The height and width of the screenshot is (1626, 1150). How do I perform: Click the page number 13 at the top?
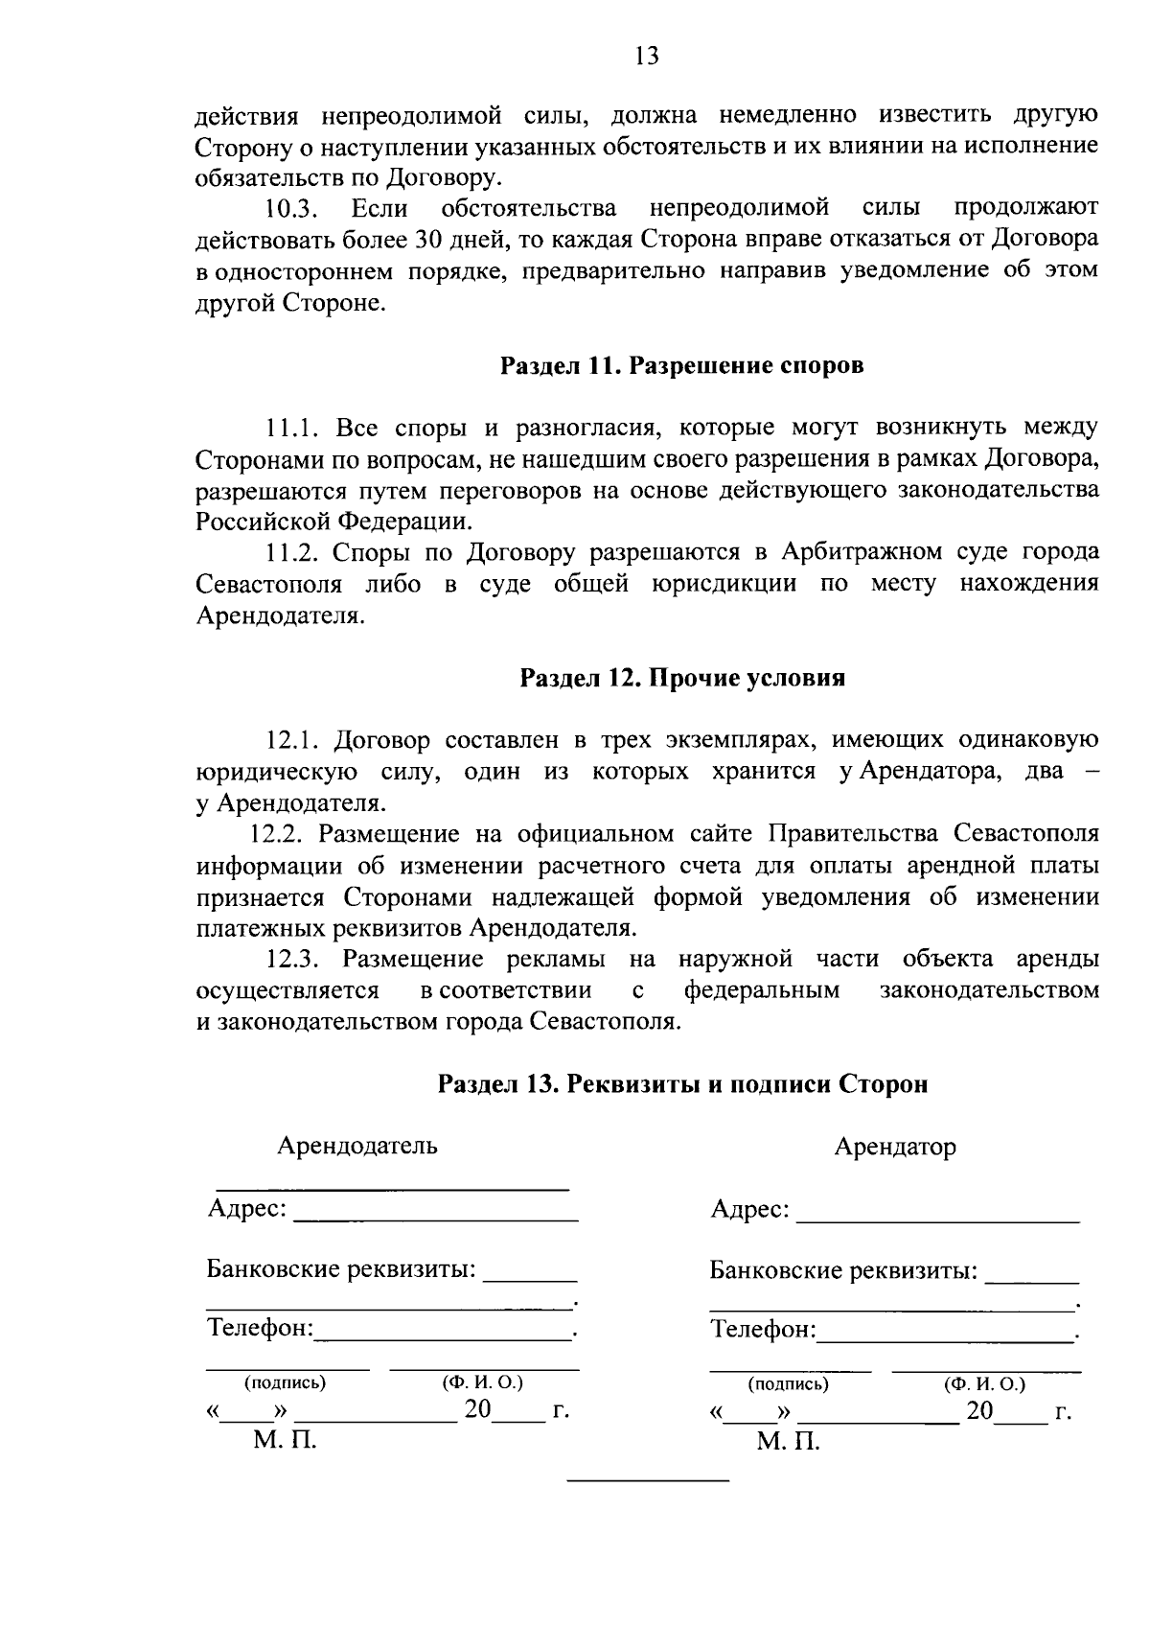pos(647,57)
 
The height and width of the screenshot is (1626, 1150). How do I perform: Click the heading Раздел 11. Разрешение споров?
pos(681,366)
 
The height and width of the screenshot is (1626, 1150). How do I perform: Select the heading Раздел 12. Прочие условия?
pos(681,679)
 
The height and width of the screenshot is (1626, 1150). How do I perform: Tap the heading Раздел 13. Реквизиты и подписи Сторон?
pos(682,1084)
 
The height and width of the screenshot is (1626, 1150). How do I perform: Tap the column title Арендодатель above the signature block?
pos(356,1146)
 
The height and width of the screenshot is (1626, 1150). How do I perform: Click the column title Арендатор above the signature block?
pos(894,1148)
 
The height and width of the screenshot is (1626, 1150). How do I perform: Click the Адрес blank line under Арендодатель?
pos(435,1219)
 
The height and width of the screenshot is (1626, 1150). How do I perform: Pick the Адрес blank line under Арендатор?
pos(937,1220)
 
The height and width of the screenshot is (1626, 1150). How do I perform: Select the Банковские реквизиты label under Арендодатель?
pos(341,1270)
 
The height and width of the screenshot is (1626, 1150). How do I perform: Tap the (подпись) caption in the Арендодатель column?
pos(285,1383)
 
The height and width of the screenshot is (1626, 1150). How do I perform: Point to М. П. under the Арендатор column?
pos(787,1443)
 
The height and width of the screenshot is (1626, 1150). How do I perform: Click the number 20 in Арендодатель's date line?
pos(476,1409)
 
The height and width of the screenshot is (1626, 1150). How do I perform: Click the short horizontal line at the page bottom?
pos(648,1481)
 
